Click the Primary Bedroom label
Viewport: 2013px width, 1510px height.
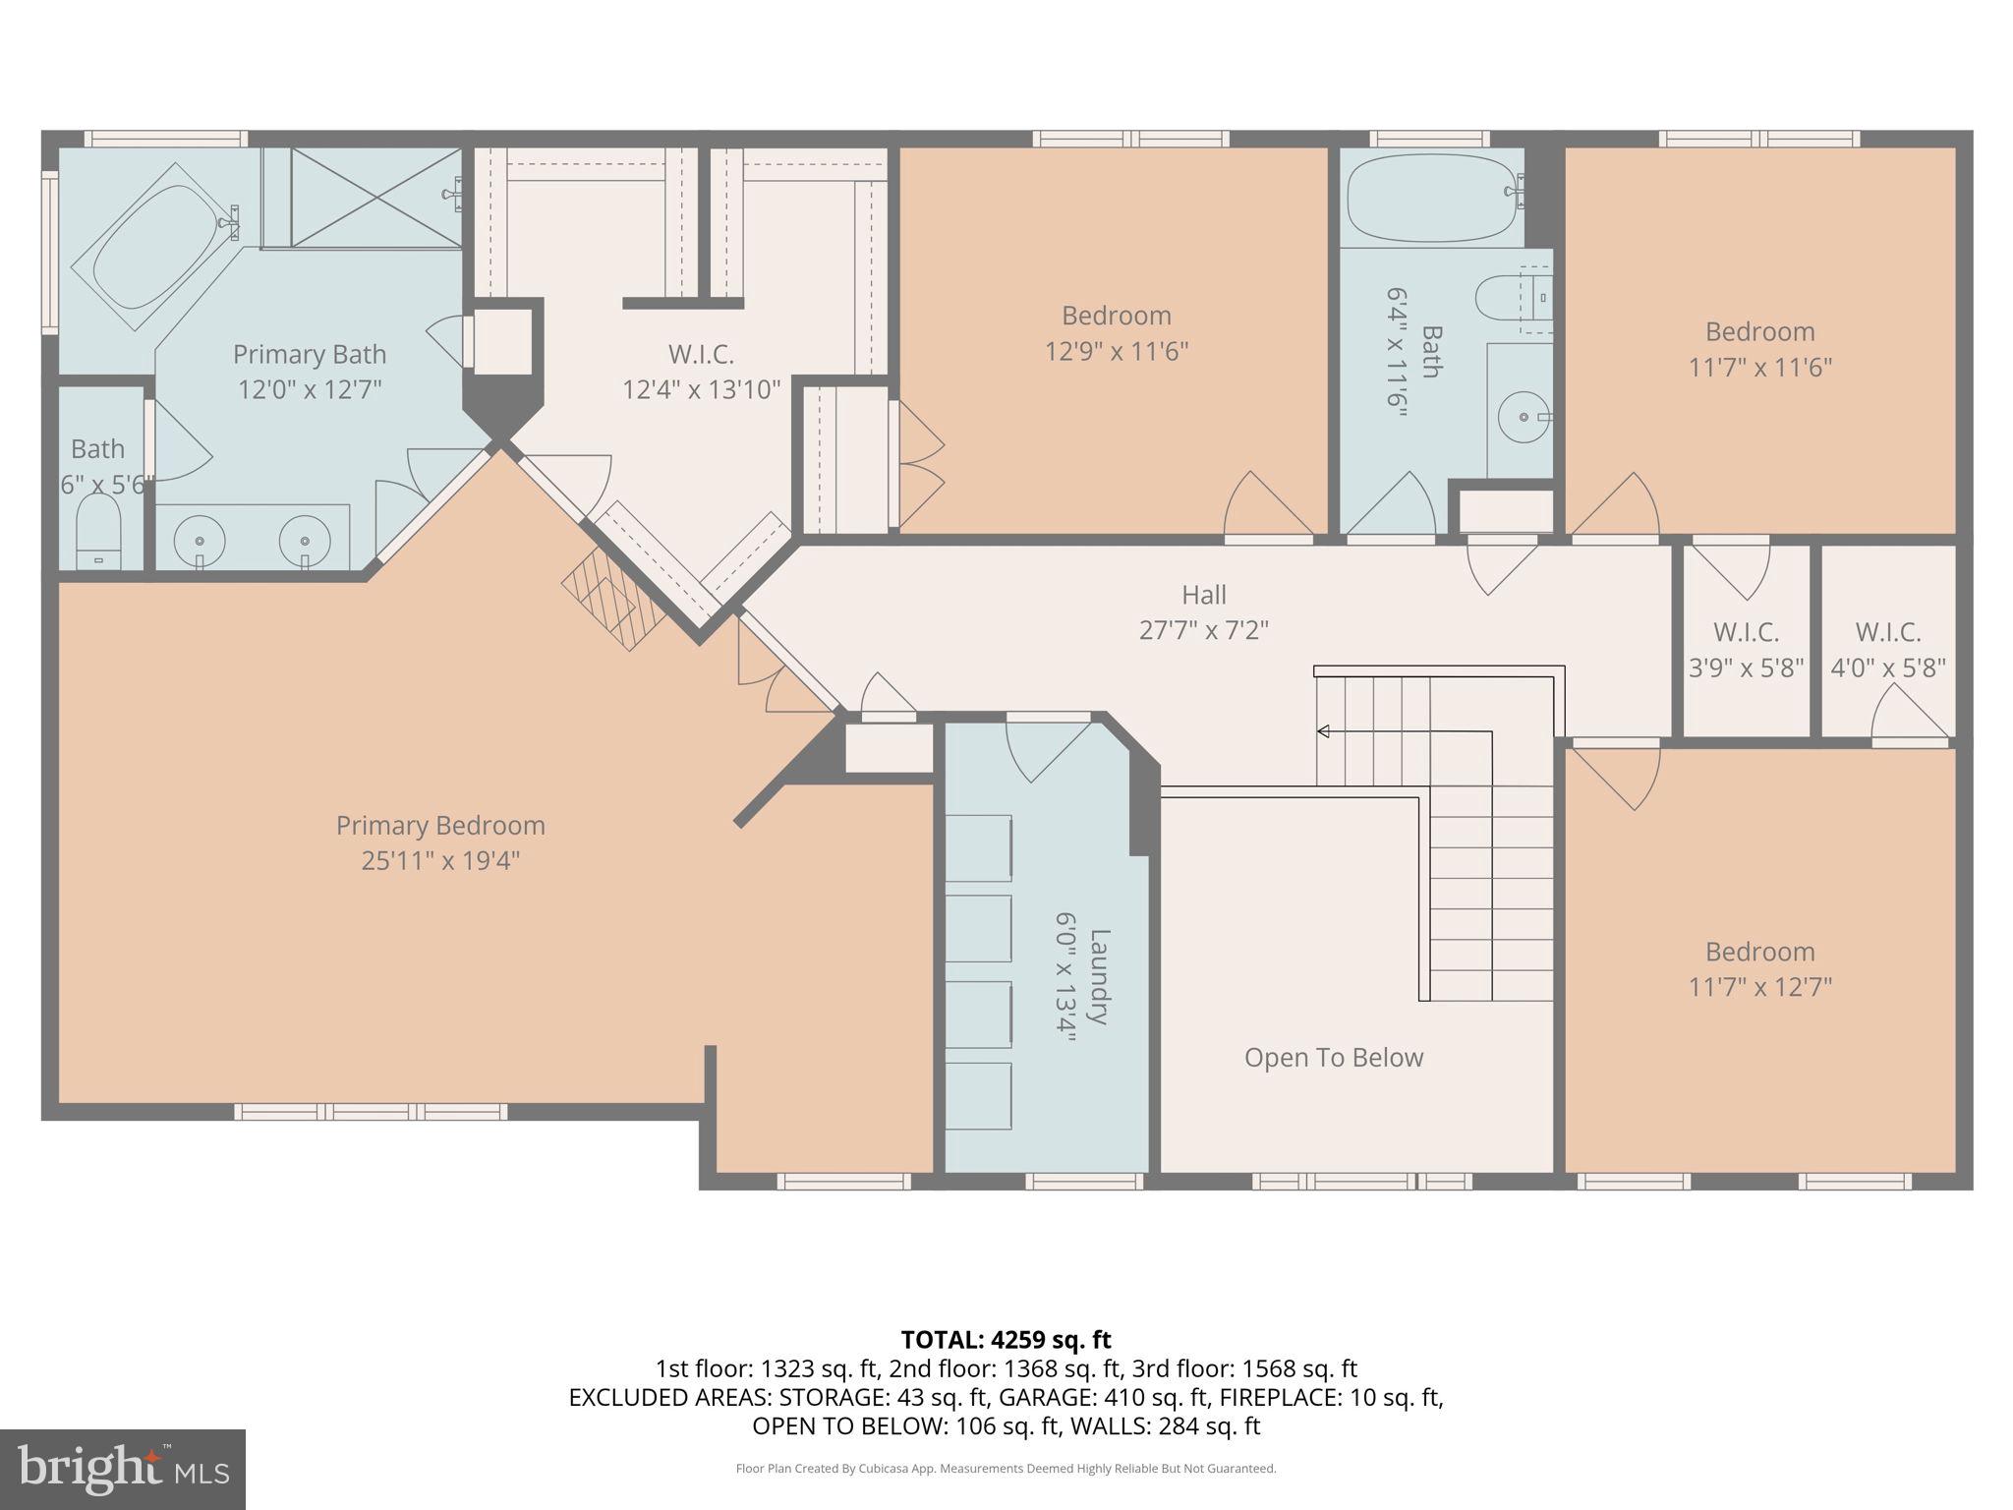click(x=440, y=826)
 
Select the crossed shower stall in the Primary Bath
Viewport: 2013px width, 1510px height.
click(x=375, y=199)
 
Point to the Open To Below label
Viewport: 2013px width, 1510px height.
click(x=1333, y=1058)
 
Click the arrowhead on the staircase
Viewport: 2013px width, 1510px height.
click(x=1323, y=731)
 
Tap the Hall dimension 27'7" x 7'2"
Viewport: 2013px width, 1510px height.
click(x=1203, y=630)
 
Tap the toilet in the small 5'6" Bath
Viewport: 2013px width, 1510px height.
click(x=98, y=531)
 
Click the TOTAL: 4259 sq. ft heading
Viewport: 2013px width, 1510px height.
click(x=1006, y=1340)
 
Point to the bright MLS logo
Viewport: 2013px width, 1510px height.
click(x=122, y=1469)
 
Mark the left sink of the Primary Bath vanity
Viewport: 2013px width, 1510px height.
click(x=200, y=542)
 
